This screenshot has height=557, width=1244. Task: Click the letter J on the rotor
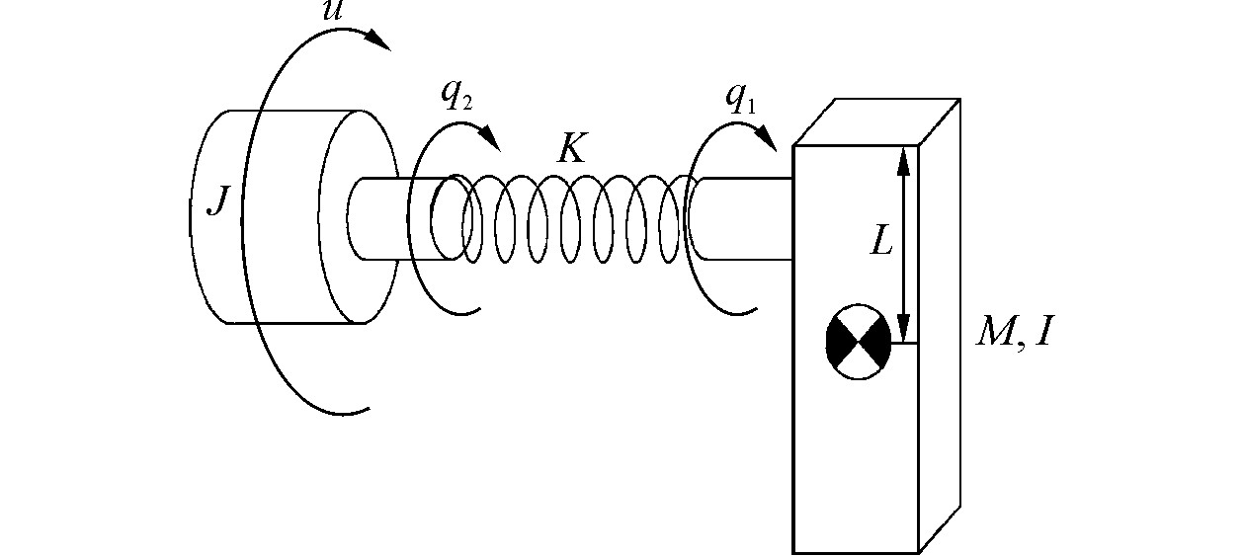218,203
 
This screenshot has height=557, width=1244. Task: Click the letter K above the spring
572,148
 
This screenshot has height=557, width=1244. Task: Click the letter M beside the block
997,333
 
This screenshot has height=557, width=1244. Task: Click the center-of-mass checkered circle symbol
858,342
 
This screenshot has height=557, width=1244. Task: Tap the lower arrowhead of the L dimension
902,328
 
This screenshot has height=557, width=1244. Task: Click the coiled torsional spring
573,219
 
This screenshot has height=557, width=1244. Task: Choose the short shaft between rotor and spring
395,218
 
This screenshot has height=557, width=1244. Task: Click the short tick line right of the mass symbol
904,343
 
